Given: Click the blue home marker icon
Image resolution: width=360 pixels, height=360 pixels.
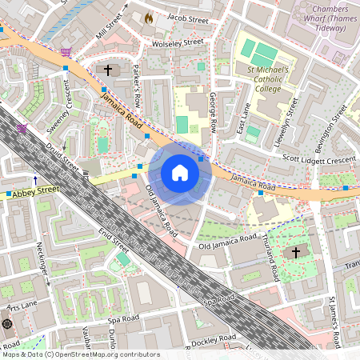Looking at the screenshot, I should (x=180, y=173).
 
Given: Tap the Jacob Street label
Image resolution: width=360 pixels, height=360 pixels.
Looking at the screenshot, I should (x=186, y=17).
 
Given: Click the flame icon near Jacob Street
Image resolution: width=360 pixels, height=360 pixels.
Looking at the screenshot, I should (x=147, y=16).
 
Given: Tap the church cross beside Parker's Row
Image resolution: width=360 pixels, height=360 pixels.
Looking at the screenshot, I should (x=108, y=70).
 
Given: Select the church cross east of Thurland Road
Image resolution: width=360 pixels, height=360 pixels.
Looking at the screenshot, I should (x=296, y=253).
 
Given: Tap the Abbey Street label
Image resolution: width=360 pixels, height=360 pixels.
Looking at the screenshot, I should (x=36, y=190).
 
